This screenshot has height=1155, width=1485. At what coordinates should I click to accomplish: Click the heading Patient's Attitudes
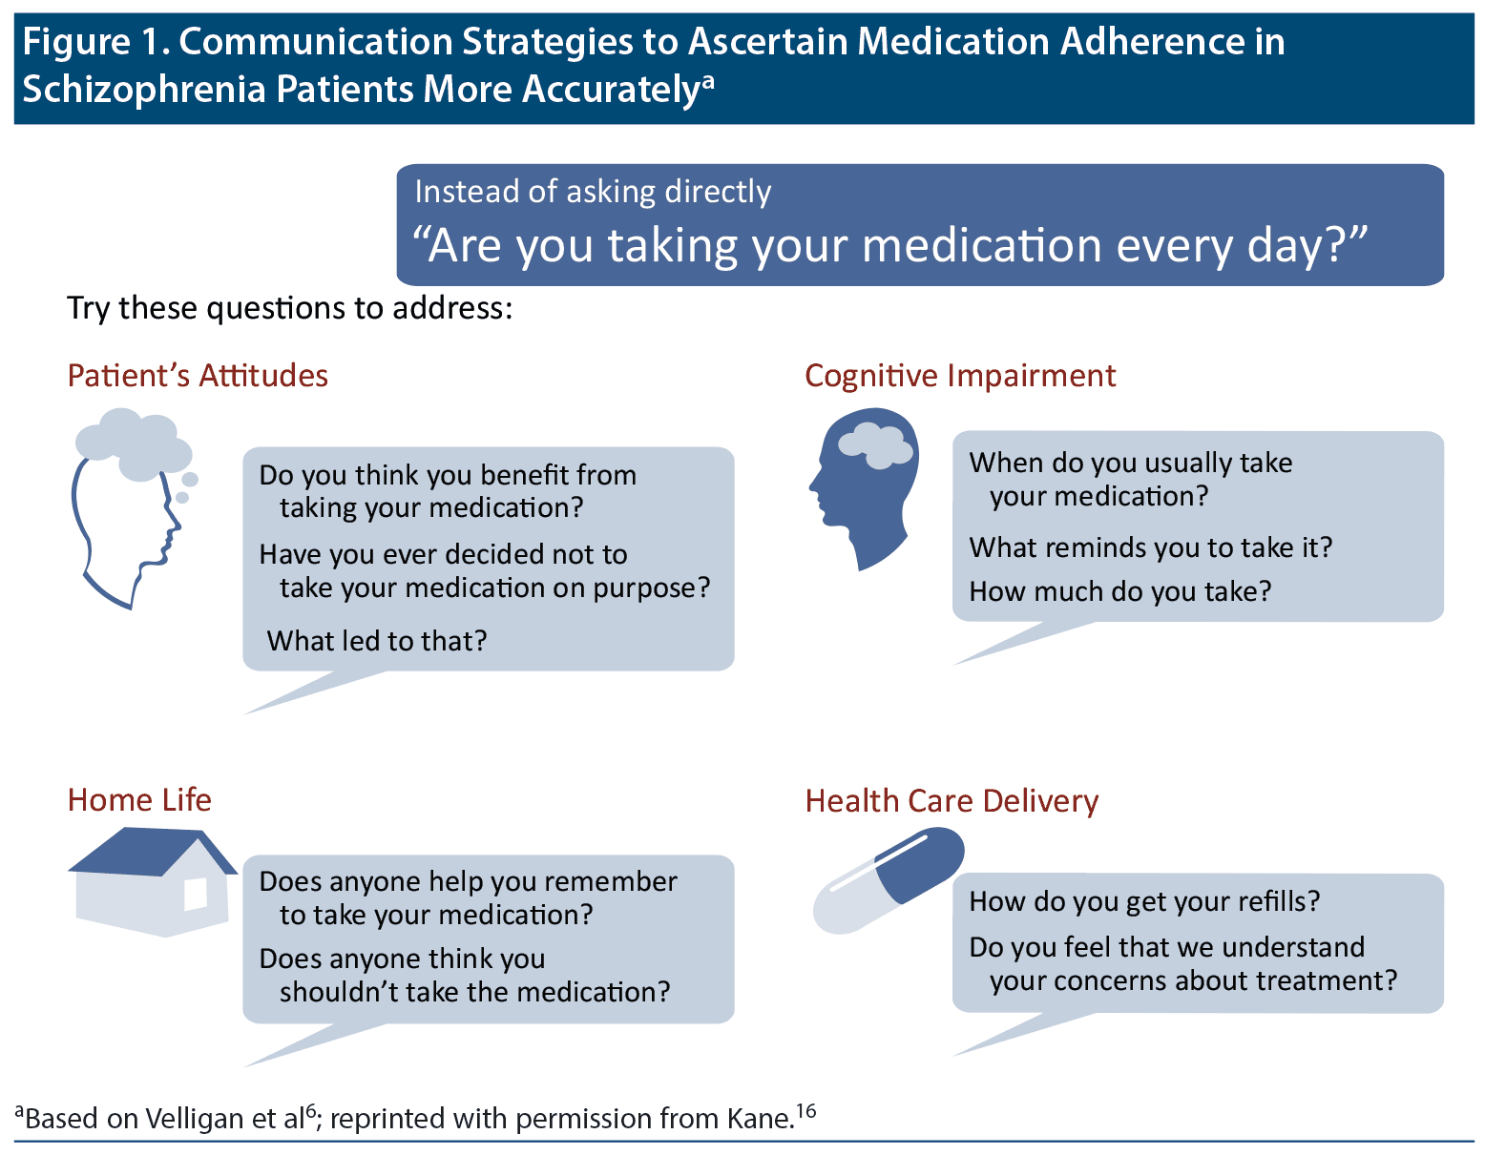tap(198, 376)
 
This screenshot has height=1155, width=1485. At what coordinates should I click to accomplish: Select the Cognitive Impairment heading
tap(959, 377)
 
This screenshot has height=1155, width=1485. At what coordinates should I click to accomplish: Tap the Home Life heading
tap(139, 799)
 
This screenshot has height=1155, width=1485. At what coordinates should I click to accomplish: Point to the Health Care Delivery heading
tap(952, 801)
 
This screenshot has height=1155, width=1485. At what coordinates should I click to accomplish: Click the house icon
tap(152, 881)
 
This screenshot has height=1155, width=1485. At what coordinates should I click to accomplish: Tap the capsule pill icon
tap(888, 879)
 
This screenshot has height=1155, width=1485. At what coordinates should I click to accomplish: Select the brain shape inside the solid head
tap(875, 445)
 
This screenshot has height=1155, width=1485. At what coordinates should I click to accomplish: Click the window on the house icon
tap(196, 895)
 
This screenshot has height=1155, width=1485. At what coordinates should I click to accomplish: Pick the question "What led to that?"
tap(377, 641)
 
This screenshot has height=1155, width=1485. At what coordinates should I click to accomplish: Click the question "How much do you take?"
tap(1120, 591)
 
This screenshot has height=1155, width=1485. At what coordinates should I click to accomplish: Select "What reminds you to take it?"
tap(1151, 547)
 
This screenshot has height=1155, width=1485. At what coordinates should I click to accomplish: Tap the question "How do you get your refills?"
tap(1144, 901)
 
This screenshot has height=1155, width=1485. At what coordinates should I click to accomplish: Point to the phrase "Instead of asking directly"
tap(593, 192)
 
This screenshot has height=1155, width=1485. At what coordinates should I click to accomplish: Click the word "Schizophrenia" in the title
tap(143, 90)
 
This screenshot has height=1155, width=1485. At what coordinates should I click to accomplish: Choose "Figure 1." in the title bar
tap(96, 42)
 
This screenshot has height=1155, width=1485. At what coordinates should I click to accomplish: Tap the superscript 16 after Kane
tap(806, 1110)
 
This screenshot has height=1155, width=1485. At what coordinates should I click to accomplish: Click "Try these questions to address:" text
tap(290, 309)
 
